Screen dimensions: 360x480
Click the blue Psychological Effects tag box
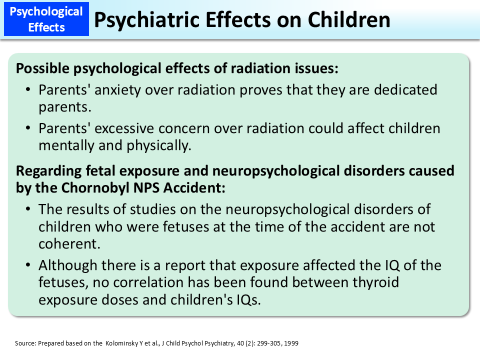click(x=46, y=19)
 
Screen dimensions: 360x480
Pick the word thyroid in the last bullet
click(x=374, y=282)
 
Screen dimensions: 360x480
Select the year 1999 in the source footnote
click(x=292, y=343)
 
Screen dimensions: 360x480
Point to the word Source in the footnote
click(x=24, y=343)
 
